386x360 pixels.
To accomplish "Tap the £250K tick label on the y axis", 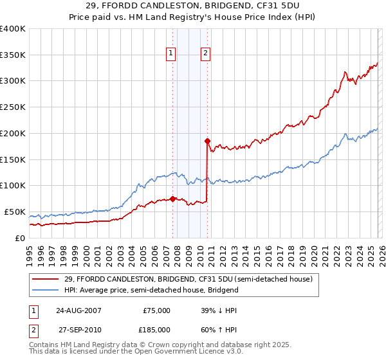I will pyautogui.click(x=13, y=107).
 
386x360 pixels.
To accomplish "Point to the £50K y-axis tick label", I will pyautogui.click(x=15, y=212).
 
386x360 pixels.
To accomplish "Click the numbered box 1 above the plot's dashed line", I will pyautogui.click(x=171, y=53).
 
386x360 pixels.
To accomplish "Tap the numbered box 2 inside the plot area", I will pyautogui.click(x=205, y=53).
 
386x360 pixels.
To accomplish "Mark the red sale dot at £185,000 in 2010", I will pyautogui.click(x=207, y=140).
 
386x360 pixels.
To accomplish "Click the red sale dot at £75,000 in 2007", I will pyautogui.click(x=172, y=198).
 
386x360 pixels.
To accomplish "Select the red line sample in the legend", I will pyautogui.click(x=46, y=279).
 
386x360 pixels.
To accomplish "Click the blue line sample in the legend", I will pyautogui.click(x=46, y=290).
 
